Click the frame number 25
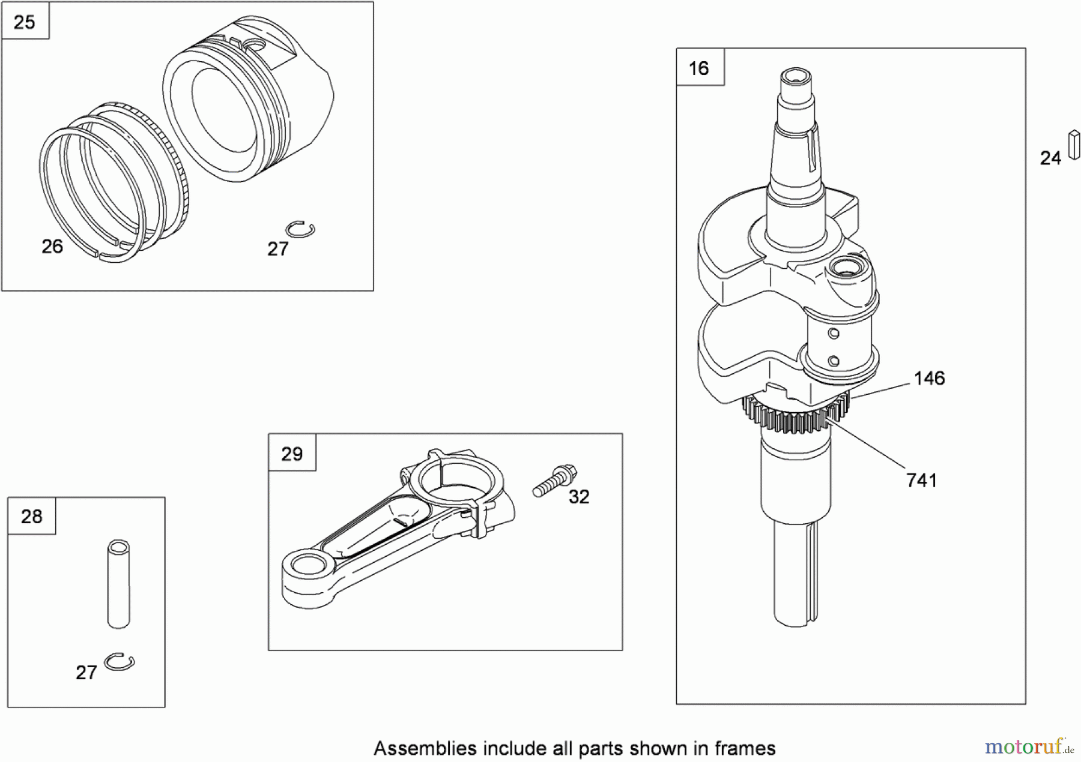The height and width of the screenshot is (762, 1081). tap(25, 22)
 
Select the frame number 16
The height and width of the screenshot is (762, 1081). tap(699, 68)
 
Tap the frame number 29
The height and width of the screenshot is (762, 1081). tap(292, 454)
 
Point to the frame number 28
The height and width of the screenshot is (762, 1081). tap(32, 517)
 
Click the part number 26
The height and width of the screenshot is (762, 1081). tap(52, 246)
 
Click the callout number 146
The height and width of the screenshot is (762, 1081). tap(929, 378)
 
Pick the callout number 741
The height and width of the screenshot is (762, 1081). tap(922, 480)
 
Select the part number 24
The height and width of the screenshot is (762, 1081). tap(1050, 158)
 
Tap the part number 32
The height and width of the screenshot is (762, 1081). tap(579, 497)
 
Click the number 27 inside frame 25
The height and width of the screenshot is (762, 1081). tap(278, 249)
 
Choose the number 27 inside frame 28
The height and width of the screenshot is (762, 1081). tap(86, 673)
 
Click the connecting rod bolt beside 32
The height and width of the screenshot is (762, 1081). tap(555, 481)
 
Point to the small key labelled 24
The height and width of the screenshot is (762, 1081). tap(1074, 145)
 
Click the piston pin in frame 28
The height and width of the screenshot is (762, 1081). tap(118, 584)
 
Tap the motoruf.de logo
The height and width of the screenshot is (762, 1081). tap(1029, 746)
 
